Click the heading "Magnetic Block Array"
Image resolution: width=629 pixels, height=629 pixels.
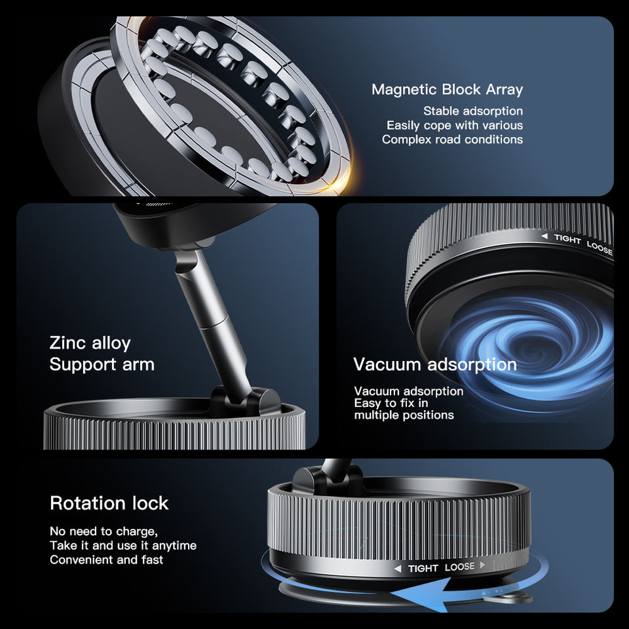pyautogui.click(x=447, y=90)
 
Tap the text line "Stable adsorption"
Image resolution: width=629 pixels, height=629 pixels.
pyautogui.click(x=473, y=111)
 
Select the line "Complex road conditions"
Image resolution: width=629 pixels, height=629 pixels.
pyautogui.click(x=452, y=139)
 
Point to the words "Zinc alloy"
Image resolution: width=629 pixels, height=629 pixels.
pyautogui.click(x=90, y=343)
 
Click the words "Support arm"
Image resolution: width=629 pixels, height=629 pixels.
pyautogui.click(x=102, y=365)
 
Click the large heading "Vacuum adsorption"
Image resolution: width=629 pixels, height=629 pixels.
pyautogui.click(x=435, y=365)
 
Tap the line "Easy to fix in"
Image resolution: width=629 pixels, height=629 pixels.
pyautogui.click(x=391, y=403)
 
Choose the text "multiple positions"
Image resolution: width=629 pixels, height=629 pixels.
pyautogui.click(x=404, y=415)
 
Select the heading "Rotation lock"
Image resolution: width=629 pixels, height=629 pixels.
pyautogui.click(x=109, y=503)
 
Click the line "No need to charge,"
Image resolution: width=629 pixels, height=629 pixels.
pyautogui.click(x=104, y=531)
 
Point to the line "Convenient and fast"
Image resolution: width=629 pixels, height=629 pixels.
pyautogui.click(x=106, y=560)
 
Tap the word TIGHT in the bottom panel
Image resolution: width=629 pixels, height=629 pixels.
pyautogui.click(x=423, y=569)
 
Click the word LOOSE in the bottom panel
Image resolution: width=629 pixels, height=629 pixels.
pyautogui.click(x=460, y=567)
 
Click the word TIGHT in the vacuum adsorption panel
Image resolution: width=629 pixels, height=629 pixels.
pyautogui.click(x=567, y=238)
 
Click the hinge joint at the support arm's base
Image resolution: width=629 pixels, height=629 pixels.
pyautogui.click(x=244, y=401)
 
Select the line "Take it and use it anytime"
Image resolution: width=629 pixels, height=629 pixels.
pyautogui.click(x=123, y=546)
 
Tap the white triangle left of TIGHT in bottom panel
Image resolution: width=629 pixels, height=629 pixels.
pyautogui.click(x=398, y=569)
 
